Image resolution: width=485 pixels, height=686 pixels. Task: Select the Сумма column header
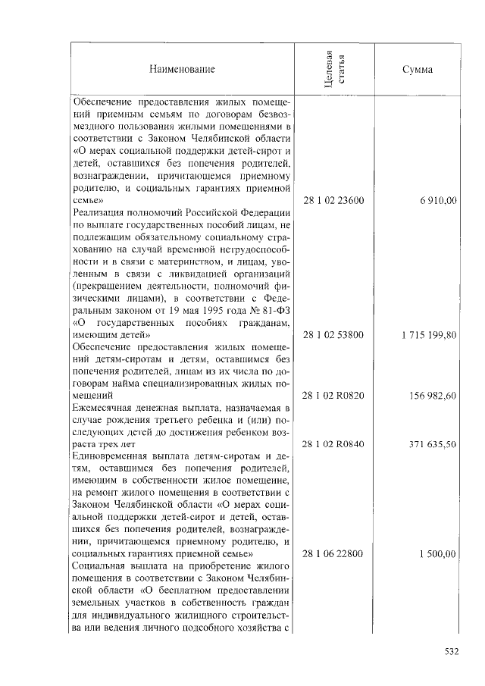click(x=418, y=70)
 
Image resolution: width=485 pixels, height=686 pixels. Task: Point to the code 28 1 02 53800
click(x=333, y=334)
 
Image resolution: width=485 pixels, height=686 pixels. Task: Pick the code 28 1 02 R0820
click(x=333, y=395)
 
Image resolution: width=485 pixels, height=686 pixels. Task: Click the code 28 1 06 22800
click(x=333, y=554)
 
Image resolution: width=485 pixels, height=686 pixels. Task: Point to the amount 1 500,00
click(x=437, y=554)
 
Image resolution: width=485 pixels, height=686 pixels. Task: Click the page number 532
click(x=452, y=650)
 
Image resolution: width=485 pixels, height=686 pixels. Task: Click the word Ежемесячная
click(x=103, y=408)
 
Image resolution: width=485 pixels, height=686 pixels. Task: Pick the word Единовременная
click(x=109, y=456)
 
